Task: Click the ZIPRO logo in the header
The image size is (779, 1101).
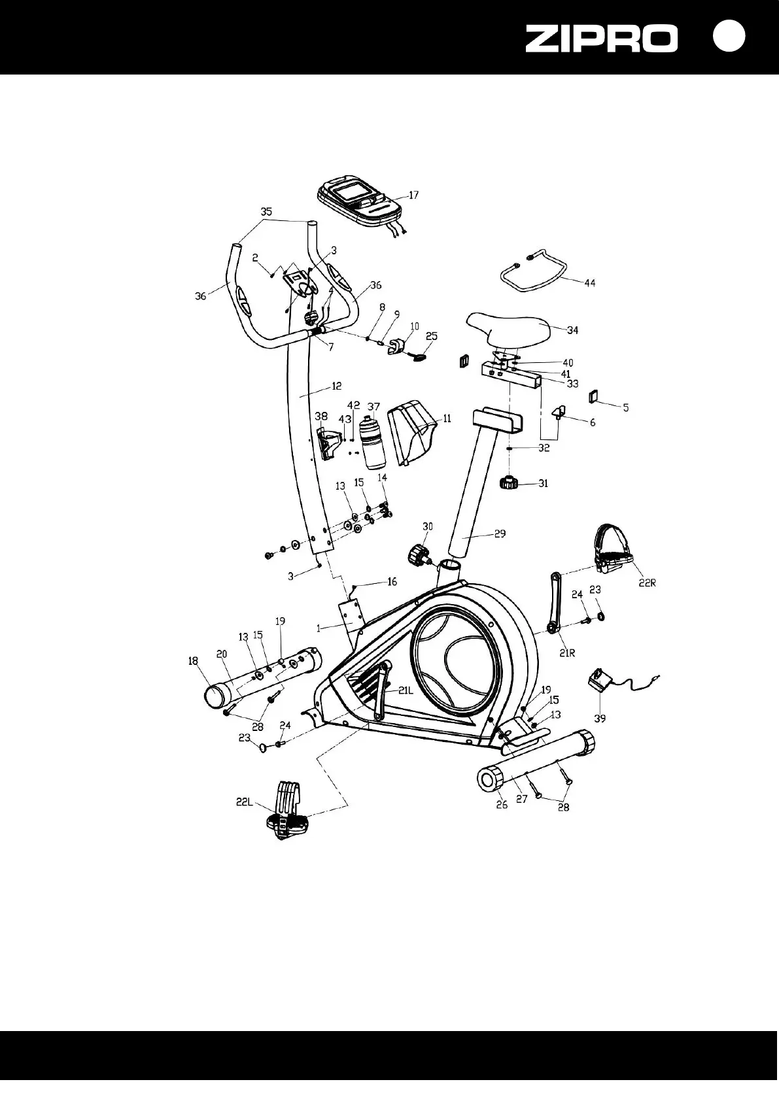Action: point(601,39)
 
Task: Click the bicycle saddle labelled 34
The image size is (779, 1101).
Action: point(508,326)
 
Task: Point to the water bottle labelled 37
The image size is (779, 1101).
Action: point(374,443)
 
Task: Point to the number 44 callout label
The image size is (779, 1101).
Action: point(589,283)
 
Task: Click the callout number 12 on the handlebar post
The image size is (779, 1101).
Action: point(336,386)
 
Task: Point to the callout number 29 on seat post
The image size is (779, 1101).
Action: point(500,534)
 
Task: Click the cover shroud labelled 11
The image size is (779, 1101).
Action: point(412,432)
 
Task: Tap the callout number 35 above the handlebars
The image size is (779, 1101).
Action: point(266,212)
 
